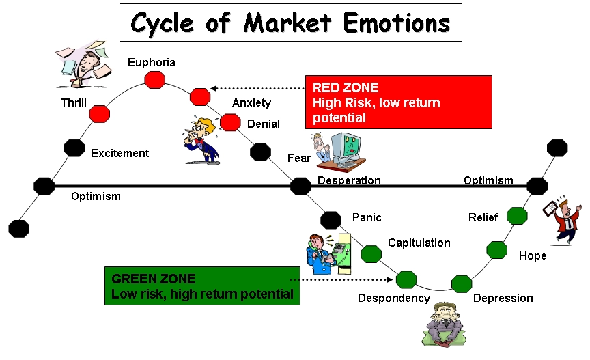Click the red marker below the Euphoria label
(x=154, y=79)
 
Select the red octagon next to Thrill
(x=99, y=113)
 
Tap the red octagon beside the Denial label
(x=230, y=122)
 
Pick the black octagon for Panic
(x=331, y=220)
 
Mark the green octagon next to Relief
(x=517, y=216)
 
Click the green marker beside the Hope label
(x=496, y=249)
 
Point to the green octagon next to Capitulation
(x=371, y=254)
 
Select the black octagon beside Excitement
(x=74, y=148)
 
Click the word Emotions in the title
(x=397, y=23)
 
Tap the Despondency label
(x=394, y=299)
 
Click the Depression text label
(x=503, y=299)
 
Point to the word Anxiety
(x=252, y=102)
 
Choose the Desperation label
(x=349, y=181)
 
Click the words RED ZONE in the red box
(x=346, y=87)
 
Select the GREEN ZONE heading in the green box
(x=154, y=279)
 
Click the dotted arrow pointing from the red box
(x=257, y=89)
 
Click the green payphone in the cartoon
(x=343, y=253)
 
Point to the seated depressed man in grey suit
(x=444, y=324)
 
